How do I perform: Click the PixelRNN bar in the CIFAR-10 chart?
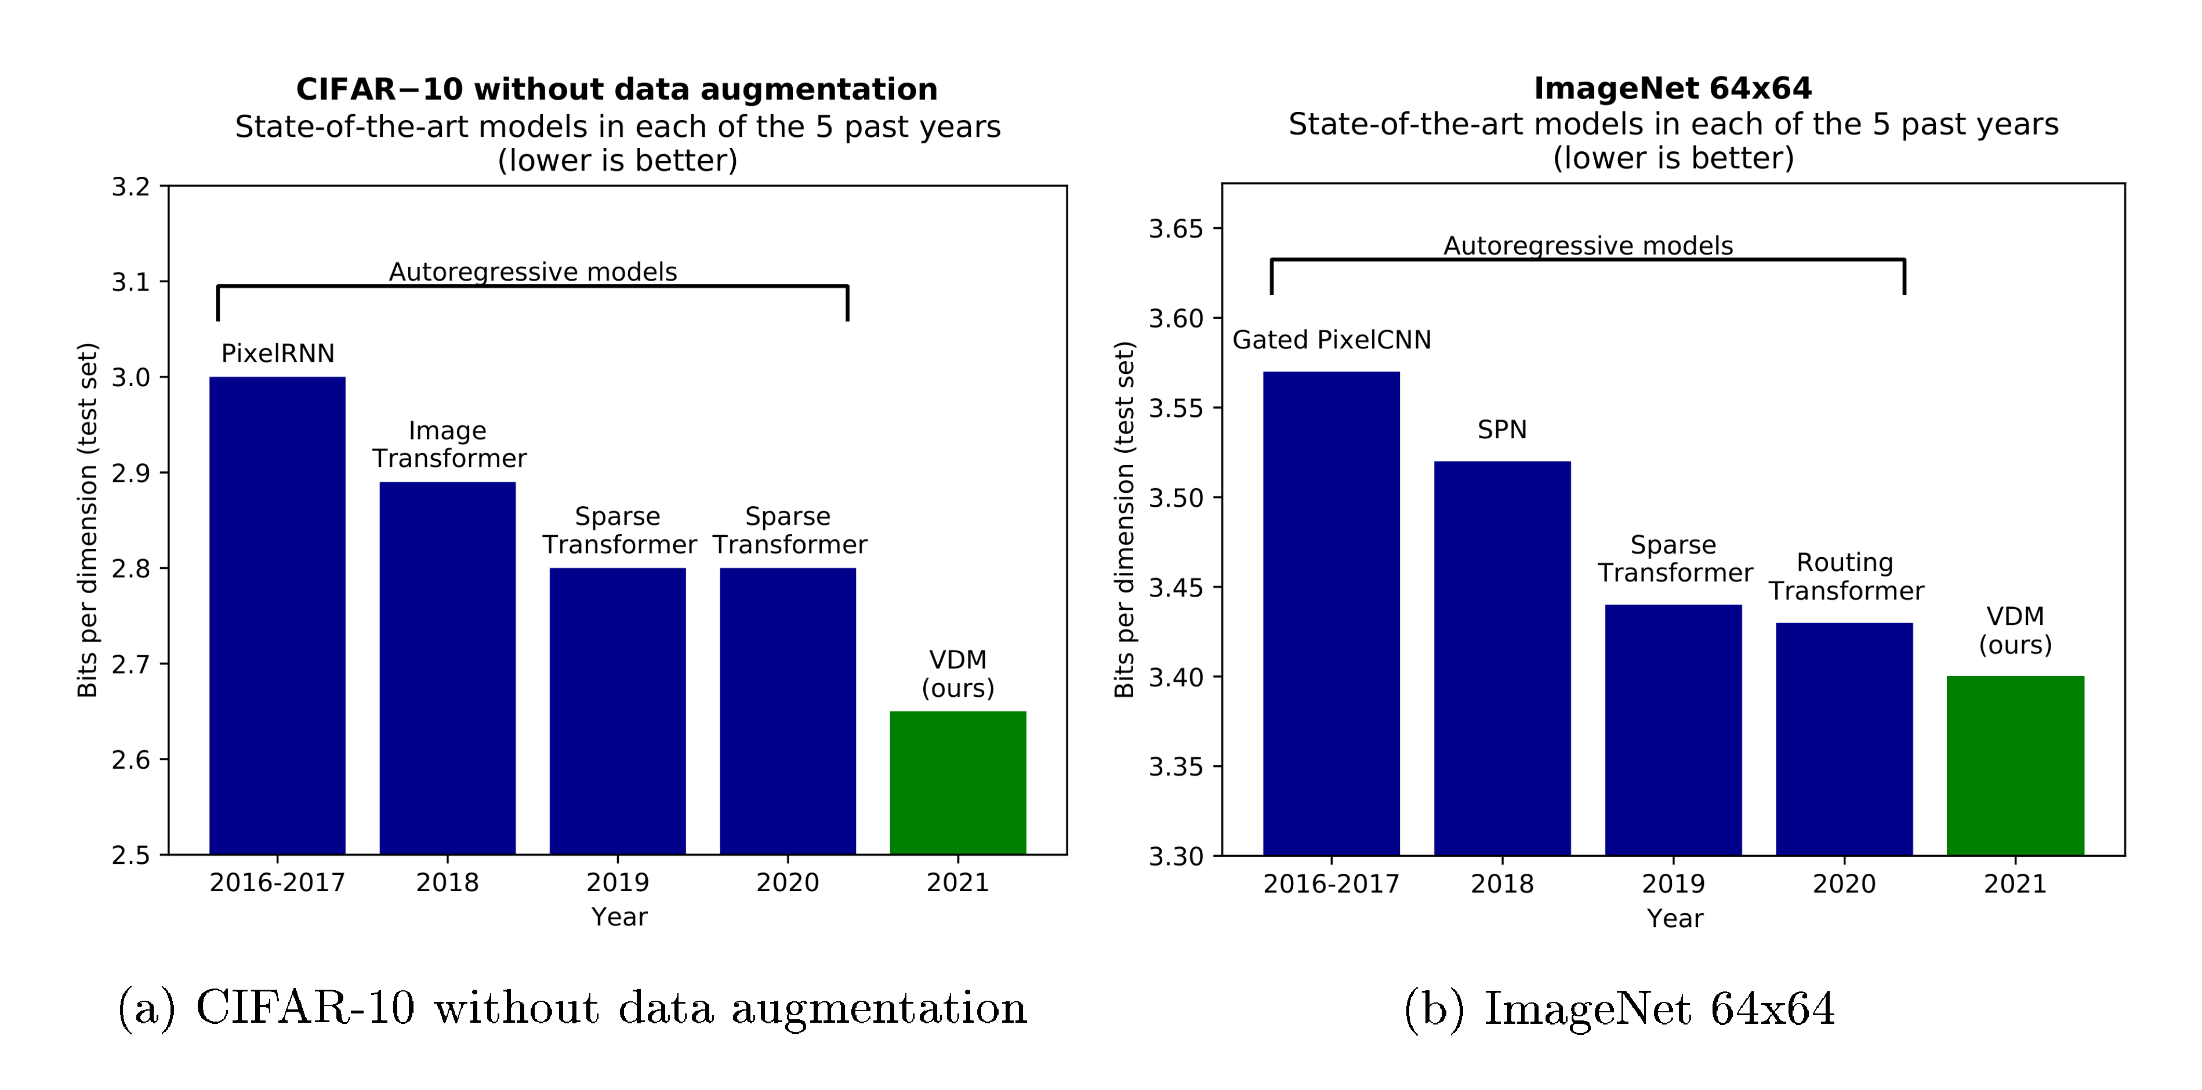(277, 616)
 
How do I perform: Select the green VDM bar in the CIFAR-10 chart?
(957, 782)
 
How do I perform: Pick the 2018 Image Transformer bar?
(447, 667)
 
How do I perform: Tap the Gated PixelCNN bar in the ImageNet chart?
(1331, 613)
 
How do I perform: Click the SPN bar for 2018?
(1502, 658)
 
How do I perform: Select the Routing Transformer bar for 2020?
(1844, 739)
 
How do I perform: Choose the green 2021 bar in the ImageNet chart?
(2015, 765)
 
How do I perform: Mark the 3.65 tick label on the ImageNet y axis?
(1176, 229)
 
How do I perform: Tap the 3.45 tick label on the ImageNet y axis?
(1176, 587)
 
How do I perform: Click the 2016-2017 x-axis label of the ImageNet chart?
(1331, 883)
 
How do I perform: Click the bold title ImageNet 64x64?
(1672, 88)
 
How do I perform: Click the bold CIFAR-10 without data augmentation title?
(616, 89)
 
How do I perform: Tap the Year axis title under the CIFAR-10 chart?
(619, 917)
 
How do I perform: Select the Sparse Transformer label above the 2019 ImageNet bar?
(1674, 558)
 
